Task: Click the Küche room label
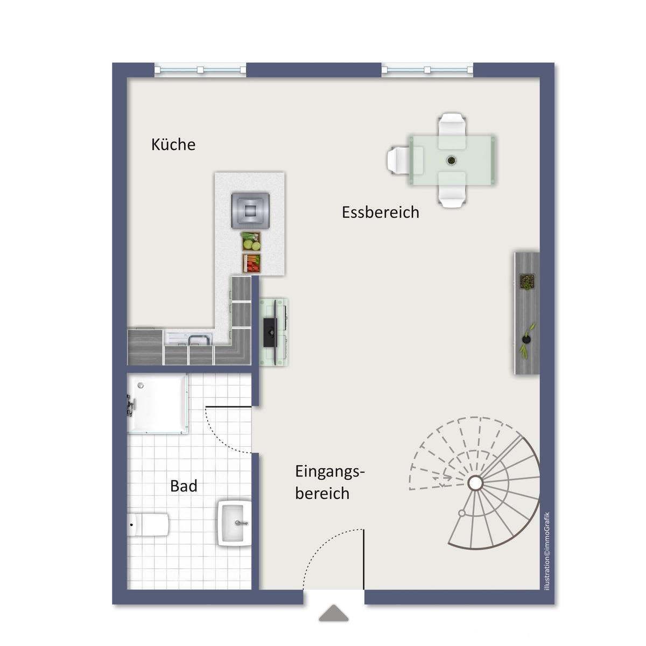coord(173,144)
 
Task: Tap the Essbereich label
coord(381,212)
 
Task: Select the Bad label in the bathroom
coord(184,486)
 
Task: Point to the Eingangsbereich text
coord(329,482)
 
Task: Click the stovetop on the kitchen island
coord(250,210)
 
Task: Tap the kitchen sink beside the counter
coord(189,338)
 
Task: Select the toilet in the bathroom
coord(148,525)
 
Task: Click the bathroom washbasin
coord(235,523)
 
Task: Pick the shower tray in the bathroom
coord(157,404)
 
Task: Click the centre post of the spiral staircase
coord(475,483)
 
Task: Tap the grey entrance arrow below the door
coord(334,613)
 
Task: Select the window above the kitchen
coord(200,70)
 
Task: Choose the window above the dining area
coord(427,70)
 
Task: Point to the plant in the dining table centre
coord(452,160)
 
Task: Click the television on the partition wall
coord(271,332)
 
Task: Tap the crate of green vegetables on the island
coord(251,241)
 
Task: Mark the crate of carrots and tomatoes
coord(251,263)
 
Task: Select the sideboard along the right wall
coord(527,313)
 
